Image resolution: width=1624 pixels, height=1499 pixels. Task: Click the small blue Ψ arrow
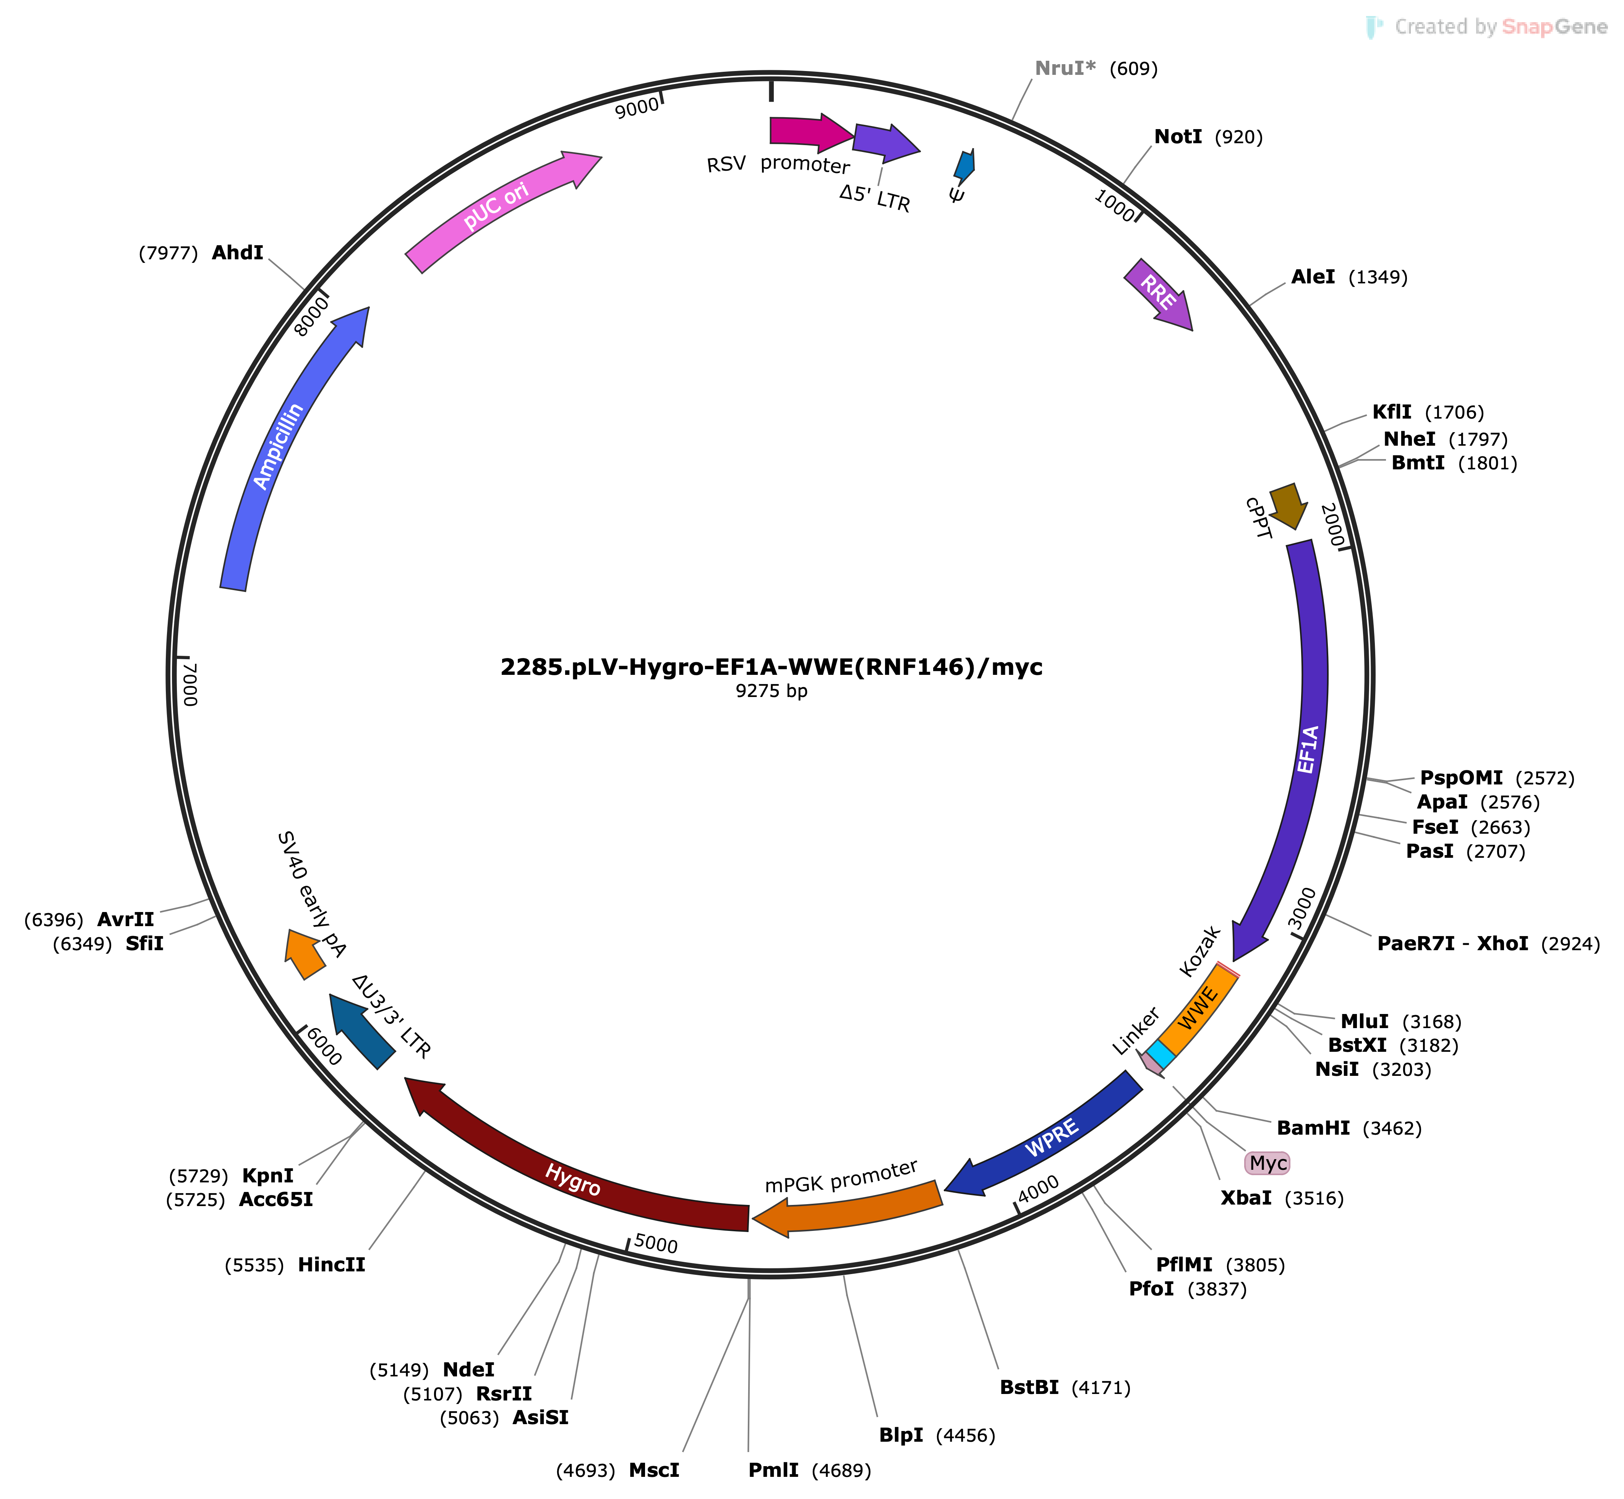click(964, 165)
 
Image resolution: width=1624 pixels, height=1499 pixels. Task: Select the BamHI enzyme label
click(1313, 1127)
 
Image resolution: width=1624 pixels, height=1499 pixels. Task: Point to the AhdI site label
click(238, 253)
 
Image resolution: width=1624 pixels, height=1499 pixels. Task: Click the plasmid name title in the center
click(771, 667)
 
